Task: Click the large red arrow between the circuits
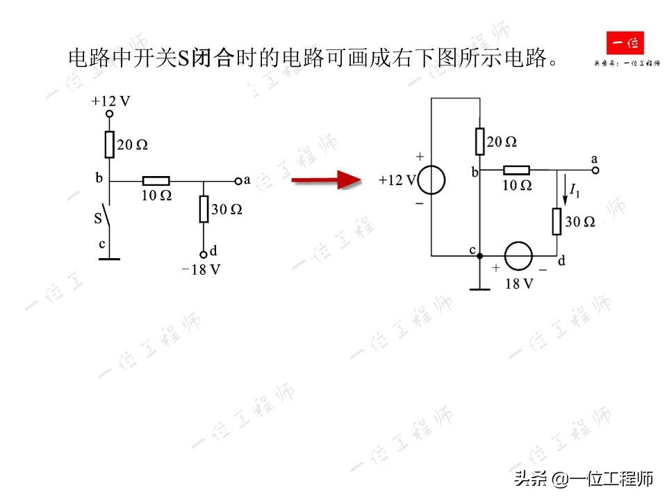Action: click(327, 181)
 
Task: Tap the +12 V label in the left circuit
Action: click(110, 101)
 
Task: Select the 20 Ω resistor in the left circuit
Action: click(109, 145)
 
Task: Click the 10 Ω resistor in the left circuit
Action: click(156, 181)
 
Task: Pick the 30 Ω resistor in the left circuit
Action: click(204, 209)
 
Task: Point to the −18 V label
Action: click(201, 270)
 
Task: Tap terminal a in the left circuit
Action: click(238, 181)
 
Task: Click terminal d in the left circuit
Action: click(204, 255)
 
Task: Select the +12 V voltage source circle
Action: click(431, 180)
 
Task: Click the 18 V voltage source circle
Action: click(518, 255)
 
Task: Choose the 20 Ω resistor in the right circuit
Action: click(480, 141)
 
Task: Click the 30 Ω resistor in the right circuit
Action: click(557, 221)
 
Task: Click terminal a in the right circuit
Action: click(595, 170)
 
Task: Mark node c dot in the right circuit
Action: click(480, 256)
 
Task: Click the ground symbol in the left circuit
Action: click(109, 259)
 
